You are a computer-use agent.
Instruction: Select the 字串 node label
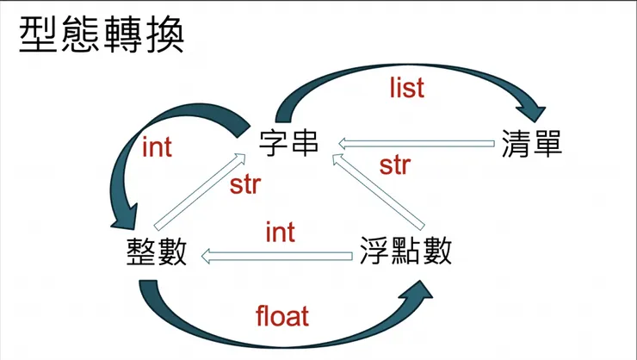pyautogui.click(x=289, y=141)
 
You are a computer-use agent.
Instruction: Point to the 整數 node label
pyautogui.click(x=155, y=253)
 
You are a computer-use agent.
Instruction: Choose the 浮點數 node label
pyautogui.click(x=405, y=253)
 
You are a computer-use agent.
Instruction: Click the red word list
pyautogui.click(x=407, y=87)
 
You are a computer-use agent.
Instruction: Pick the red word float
pyautogui.click(x=282, y=316)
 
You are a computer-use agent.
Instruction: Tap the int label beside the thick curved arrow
pyautogui.click(x=157, y=148)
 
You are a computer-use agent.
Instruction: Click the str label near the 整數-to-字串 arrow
pyautogui.click(x=244, y=184)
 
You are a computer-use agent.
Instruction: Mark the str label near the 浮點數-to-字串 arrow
pyautogui.click(x=394, y=165)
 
